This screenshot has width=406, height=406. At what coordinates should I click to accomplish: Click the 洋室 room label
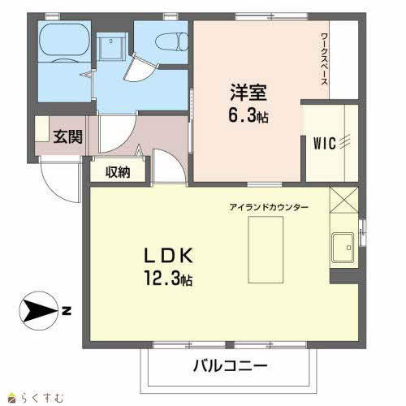pos(248,93)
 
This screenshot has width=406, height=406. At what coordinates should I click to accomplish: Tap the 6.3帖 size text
pos(248,116)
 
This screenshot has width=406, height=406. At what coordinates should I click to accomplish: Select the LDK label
pos(168,256)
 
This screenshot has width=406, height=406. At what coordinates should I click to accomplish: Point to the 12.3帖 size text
pos(168,278)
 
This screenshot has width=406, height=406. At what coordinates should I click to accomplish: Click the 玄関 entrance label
pos(67,136)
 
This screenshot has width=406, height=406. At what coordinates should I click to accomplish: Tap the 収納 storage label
pos(118,172)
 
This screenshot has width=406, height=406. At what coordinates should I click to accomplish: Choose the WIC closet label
pos(325,143)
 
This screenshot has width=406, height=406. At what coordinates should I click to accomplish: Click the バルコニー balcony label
pos(231,366)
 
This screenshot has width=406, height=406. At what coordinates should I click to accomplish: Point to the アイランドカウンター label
pos(269,208)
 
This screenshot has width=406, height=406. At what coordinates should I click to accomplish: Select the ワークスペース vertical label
pos(324,58)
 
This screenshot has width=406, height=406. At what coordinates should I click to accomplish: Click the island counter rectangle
pos(266,249)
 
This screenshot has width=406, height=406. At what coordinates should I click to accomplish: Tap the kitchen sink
pos(343,248)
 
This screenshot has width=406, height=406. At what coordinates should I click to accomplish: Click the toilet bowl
pos(171,41)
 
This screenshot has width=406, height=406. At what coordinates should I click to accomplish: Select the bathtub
pos(64,39)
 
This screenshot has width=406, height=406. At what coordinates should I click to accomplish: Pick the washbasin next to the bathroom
pos(111,46)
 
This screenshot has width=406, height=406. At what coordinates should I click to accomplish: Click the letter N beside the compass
pos(67,310)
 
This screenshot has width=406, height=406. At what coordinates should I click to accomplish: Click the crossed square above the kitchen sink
pos(344,200)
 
